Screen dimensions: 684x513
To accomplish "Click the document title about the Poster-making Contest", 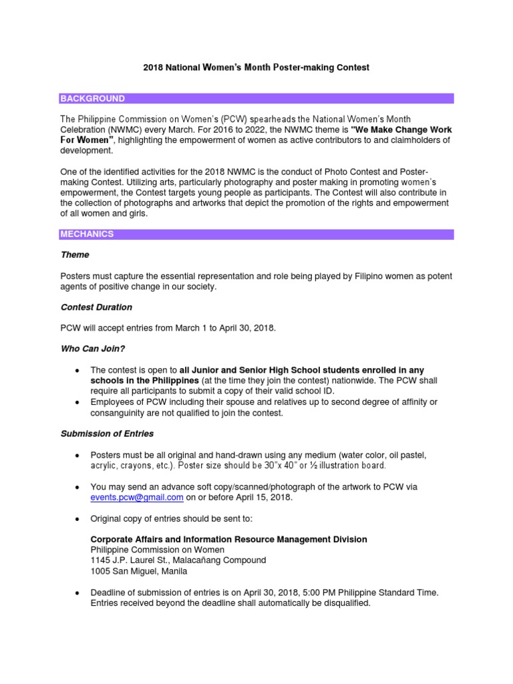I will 256,67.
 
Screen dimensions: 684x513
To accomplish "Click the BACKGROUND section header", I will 93,99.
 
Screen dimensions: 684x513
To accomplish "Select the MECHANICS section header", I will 88,234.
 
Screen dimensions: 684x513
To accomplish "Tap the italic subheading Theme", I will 75,254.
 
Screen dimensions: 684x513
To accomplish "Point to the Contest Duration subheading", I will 96,307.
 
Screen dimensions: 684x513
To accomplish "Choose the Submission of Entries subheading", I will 107,434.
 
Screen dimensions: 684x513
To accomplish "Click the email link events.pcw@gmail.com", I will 137,497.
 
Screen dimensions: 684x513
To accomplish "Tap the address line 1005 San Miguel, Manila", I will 139,571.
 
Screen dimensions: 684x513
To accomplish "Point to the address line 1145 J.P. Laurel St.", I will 178,560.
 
